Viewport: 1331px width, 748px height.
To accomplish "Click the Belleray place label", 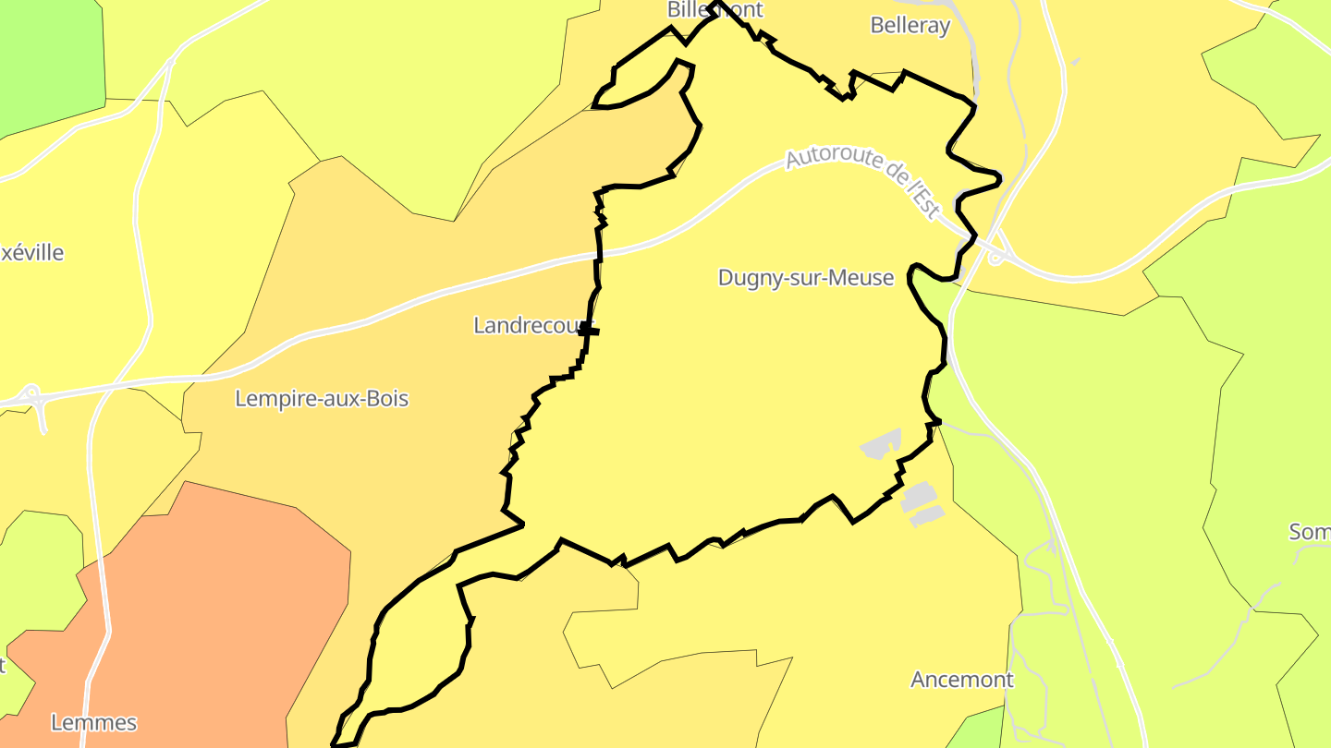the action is [x=910, y=26].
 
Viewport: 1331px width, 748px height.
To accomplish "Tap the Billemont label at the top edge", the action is [x=715, y=10].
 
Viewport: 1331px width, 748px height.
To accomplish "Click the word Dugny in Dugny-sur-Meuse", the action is [x=747, y=278].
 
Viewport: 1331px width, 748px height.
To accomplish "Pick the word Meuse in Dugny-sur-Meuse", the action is [x=863, y=278].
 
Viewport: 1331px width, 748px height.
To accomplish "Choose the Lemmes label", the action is [x=94, y=722].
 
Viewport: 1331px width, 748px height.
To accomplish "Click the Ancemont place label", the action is [x=962, y=680].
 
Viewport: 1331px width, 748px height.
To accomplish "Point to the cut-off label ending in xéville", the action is [x=31, y=253].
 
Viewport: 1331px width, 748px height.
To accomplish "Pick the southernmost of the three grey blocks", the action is [x=926, y=516].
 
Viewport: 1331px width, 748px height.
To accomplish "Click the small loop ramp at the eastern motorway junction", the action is [x=995, y=258].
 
